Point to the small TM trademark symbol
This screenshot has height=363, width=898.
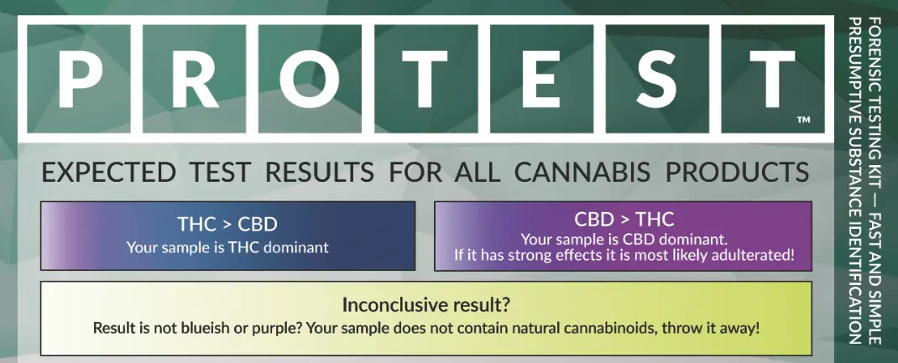click(802, 121)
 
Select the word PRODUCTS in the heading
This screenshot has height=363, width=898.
click(737, 174)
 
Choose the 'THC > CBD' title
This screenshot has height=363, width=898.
click(227, 225)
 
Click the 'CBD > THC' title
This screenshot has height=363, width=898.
click(624, 220)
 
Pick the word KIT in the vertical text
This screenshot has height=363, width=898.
click(875, 156)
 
